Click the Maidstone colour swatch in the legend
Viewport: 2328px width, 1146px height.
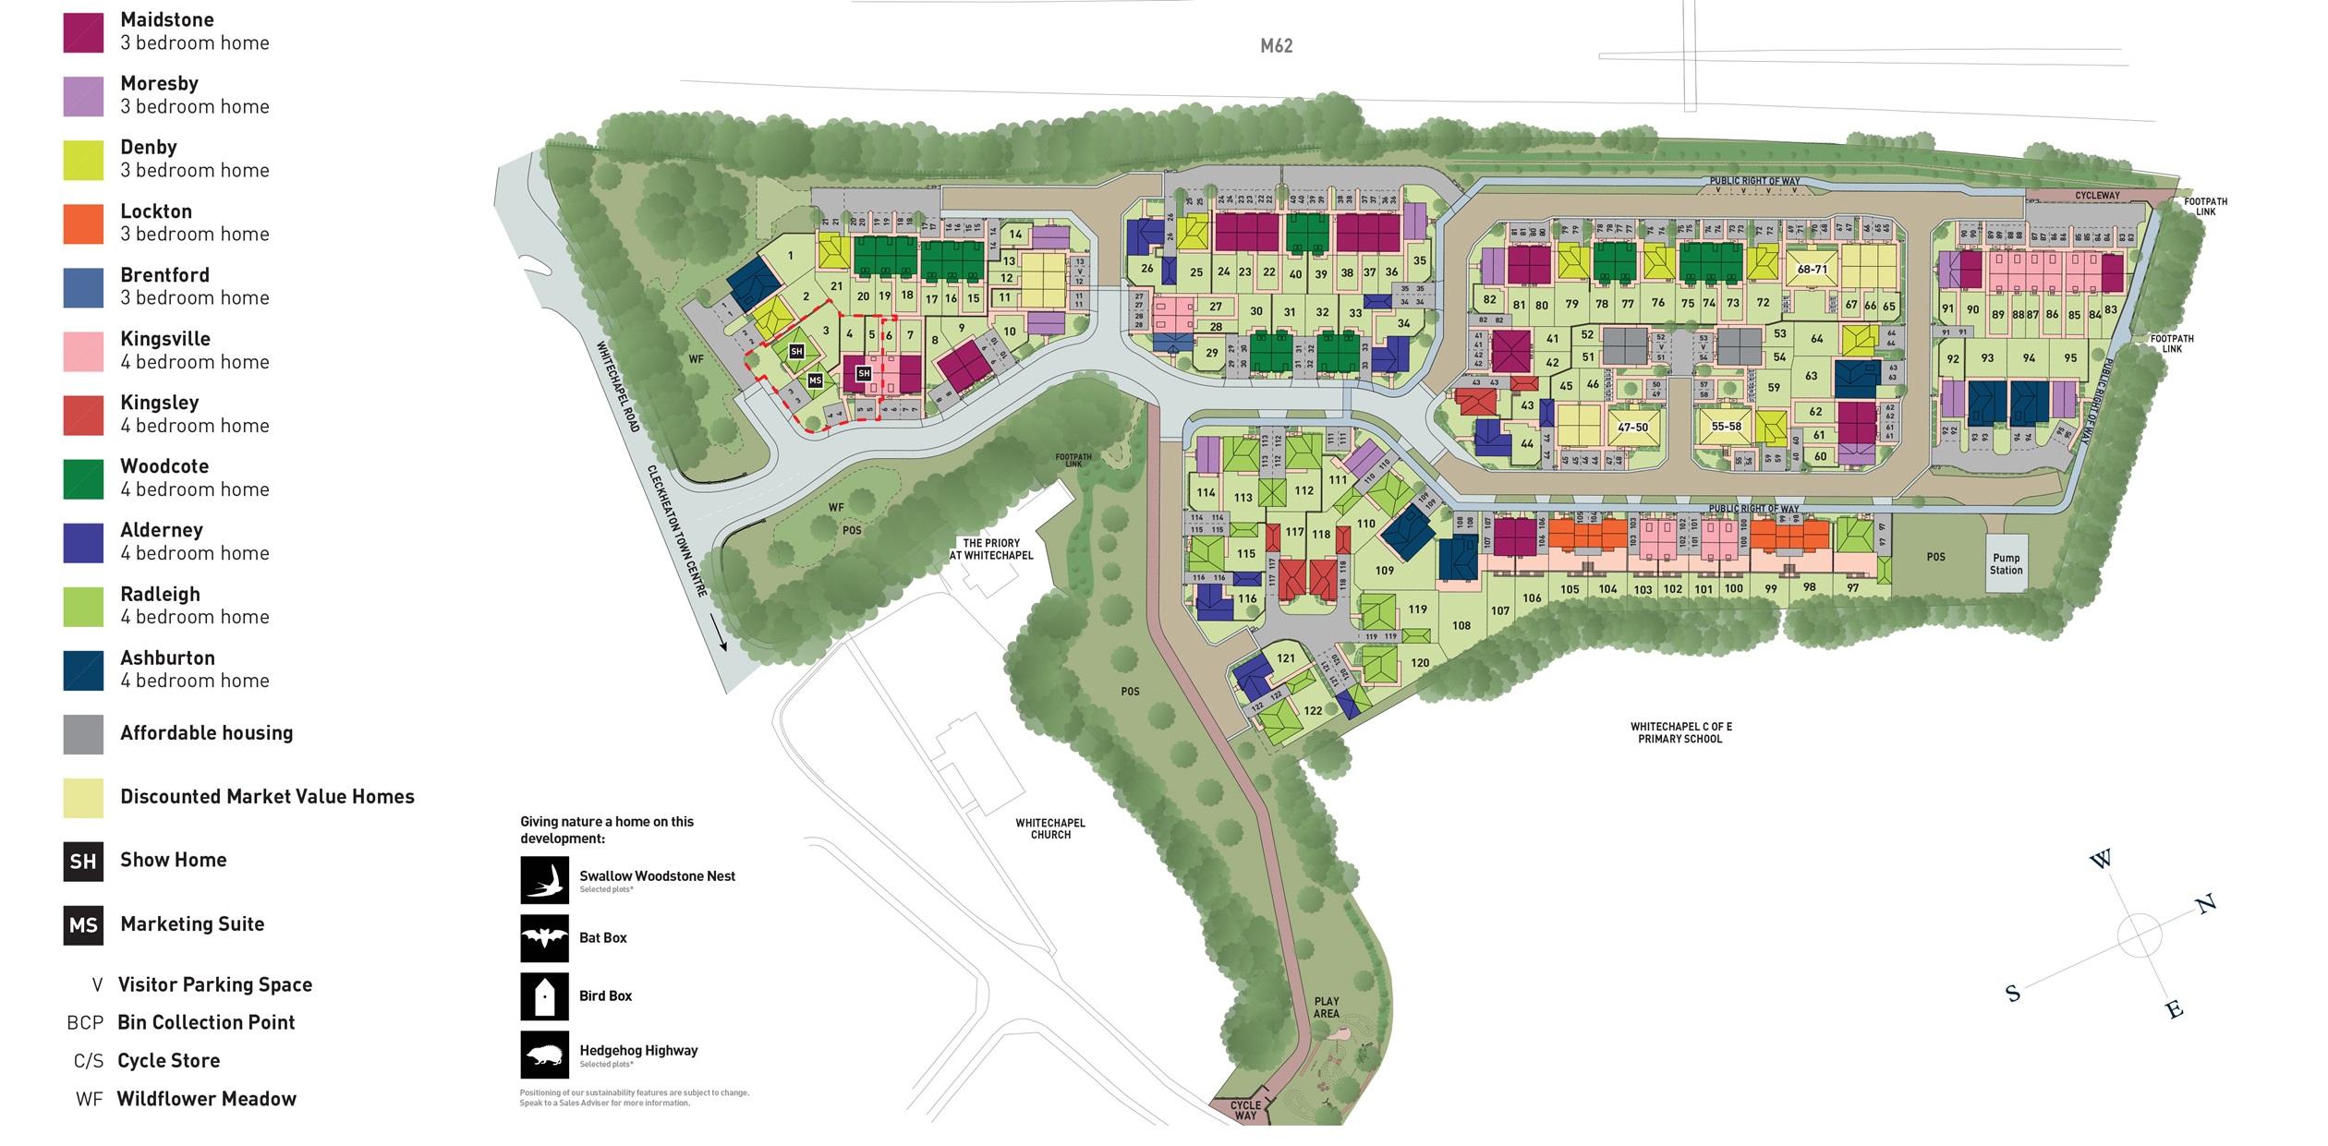pos(83,32)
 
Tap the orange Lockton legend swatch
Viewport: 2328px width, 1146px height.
pos(83,223)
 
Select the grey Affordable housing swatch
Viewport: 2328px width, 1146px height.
pos(83,734)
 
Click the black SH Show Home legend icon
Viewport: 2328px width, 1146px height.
pos(83,862)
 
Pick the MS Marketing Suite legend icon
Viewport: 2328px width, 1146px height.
pos(83,925)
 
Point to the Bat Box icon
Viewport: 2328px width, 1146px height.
pos(544,938)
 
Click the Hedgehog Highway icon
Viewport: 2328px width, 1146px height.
pos(544,1055)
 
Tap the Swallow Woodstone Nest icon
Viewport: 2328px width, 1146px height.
pos(544,880)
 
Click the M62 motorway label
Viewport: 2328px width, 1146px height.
pos(1276,46)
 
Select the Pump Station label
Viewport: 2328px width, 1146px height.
pos(2006,564)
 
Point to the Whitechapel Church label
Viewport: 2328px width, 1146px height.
pos(1050,828)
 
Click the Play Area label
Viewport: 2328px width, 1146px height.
pos(1327,1007)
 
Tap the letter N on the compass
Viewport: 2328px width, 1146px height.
pos(2206,904)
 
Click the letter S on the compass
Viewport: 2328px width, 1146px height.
pos(2013,995)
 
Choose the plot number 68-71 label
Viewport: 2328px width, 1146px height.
pos(1812,270)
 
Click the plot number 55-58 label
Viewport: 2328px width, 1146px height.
pos(1726,427)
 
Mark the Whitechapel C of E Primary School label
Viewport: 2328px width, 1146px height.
pos(1679,733)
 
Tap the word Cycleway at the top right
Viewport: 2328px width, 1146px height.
pos(2097,196)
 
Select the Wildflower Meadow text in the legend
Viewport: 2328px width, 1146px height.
pos(206,1099)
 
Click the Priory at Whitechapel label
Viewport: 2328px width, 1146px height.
pos(991,549)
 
